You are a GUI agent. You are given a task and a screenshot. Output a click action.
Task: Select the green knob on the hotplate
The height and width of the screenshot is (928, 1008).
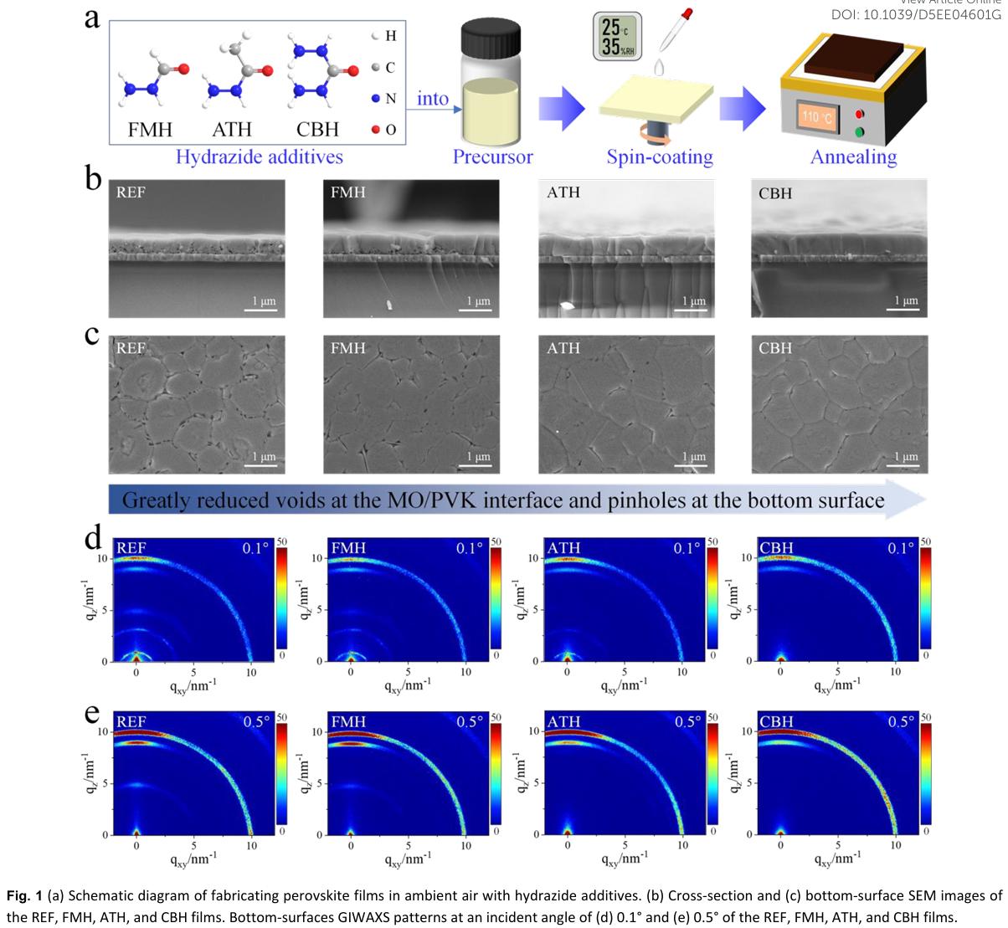click(x=859, y=131)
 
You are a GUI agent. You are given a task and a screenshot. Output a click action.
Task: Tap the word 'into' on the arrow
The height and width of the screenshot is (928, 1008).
click(x=433, y=99)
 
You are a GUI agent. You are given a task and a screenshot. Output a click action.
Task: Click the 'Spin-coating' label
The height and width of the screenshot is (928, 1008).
click(x=660, y=156)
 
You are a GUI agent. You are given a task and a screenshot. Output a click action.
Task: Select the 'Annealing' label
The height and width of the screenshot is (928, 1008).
click(x=853, y=156)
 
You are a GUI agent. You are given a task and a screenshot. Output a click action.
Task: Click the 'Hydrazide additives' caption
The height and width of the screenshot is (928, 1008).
click(x=258, y=156)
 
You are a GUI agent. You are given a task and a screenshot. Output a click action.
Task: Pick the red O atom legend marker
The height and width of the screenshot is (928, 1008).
click(x=376, y=129)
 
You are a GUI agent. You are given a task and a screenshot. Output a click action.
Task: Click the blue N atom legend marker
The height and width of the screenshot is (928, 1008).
click(x=376, y=99)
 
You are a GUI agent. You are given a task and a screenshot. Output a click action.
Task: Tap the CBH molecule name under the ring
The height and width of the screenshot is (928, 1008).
click(x=317, y=130)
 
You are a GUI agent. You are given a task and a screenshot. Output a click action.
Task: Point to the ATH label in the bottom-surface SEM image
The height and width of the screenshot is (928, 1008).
click(x=563, y=348)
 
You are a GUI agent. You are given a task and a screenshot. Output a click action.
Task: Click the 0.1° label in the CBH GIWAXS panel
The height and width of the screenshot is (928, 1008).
click(x=900, y=548)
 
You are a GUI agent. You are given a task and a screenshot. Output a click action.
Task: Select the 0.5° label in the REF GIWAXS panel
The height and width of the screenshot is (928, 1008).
click(x=255, y=721)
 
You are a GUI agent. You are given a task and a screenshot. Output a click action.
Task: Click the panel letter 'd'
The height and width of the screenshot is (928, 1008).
click(x=95, y=536)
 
